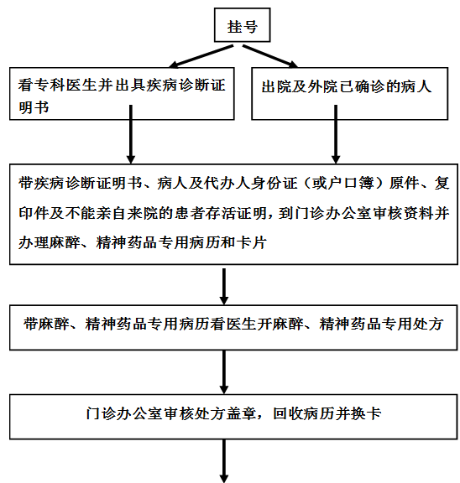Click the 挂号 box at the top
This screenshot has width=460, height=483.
point(243,25)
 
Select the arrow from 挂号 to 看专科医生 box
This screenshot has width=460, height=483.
point(201,56)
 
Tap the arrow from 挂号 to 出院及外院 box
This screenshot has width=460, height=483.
point(270,56)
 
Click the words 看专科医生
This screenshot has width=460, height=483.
point(58,86)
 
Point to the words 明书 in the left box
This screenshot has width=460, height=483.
point(34,107)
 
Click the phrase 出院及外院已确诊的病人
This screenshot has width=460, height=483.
point(347,86)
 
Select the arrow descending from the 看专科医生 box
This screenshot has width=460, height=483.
point(131,134)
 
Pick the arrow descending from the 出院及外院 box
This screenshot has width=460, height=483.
point(336,134)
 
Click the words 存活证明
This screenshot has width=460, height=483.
point(236,213)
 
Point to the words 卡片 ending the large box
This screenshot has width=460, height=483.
point(251,242)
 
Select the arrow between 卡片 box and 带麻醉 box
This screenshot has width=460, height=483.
point(224,287)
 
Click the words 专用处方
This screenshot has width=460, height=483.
point(412,324)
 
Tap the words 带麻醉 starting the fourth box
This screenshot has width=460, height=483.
point(46,324)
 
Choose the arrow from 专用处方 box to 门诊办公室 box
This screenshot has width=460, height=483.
point(224,372)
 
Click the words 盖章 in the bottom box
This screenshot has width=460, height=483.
point(242,413)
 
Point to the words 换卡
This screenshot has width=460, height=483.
point(366,413)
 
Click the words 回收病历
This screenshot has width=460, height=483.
point(304,413)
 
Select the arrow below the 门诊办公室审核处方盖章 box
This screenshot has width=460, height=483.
point(224,461)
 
